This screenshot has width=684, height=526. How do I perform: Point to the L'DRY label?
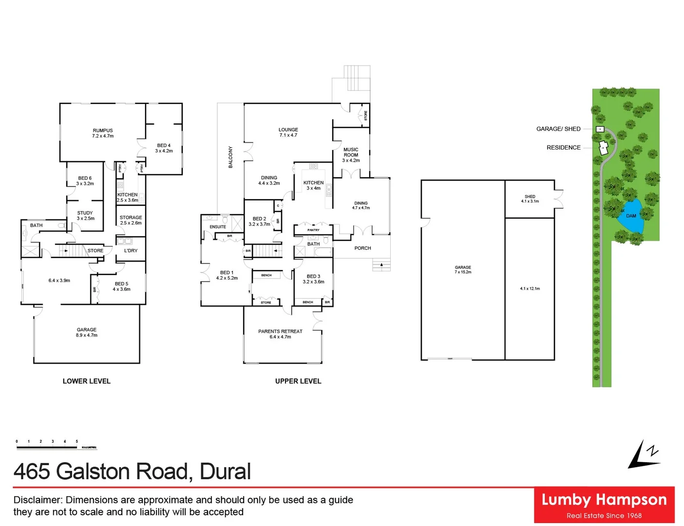click(x=131, y=250)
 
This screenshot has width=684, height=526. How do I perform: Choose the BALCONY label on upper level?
click(x=230, y=157)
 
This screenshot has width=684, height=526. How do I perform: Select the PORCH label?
click(x=362, y=248)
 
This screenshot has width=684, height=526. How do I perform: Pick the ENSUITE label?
click(x=218, y=227)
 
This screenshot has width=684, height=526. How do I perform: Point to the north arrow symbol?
click(x=643, y=455)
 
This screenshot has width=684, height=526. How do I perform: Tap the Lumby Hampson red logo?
click(x=604, y=505)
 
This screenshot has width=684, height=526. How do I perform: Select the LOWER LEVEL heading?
click(x=87, y=381)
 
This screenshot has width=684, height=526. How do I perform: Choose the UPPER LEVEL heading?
click(x=298, y=381)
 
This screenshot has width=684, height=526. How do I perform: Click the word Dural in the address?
click(x=225, y=471)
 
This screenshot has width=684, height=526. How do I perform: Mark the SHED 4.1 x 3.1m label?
click(x=530, y=199)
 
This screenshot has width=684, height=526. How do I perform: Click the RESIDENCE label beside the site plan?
click(x=564, y=148)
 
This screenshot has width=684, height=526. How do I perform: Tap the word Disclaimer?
click(x=38, y=500)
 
